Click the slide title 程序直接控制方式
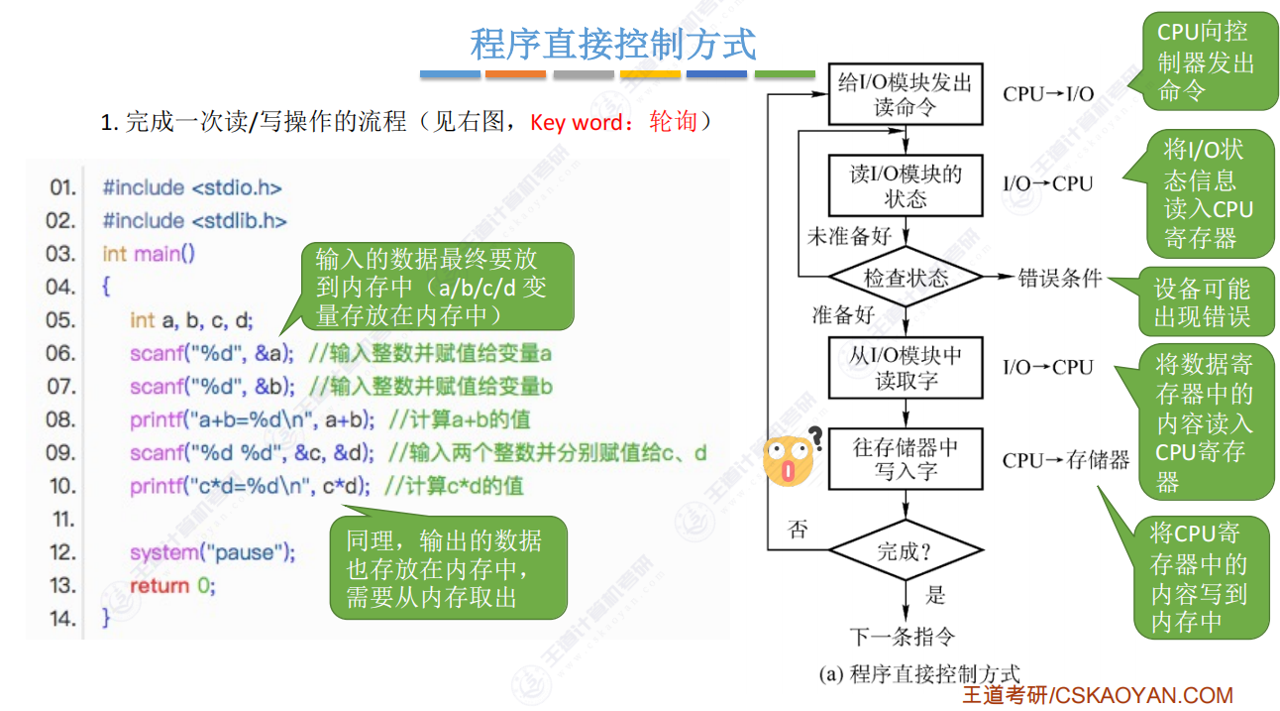(x=613, y=45)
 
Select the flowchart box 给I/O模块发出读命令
(x=905, y=94)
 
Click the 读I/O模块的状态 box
(x=905, y=185)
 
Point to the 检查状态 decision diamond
(x=905, y=278)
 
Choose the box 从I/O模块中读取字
(x=905, y=367)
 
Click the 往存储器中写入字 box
(x=905, y=458)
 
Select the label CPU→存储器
(x=1065, y=460)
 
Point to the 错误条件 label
(x=1060, y=279)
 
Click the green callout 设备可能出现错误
(x=1202, y=302)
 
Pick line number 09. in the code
(x=61, y=453)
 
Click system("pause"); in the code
(x=212, y=552)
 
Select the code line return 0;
(x=171, y=586)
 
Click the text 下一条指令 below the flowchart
(x=903, y=636)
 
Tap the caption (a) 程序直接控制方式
(x=918, y=675)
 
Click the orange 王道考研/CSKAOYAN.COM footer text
(x=1098, y=696)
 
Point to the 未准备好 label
(x=849, y=236)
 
